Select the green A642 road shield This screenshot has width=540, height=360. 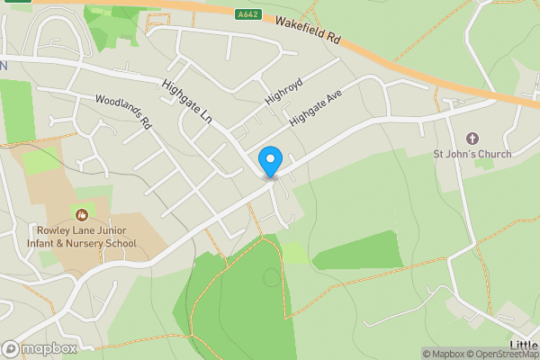(250, 14)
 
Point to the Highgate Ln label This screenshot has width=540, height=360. (191, 103)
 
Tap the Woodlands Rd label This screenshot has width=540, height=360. (121, 112)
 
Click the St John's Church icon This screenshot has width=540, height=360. (472, 138)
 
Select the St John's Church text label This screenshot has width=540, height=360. (472, 154)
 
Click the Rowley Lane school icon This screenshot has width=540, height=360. (82, 215)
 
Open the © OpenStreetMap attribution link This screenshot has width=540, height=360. (503, 354)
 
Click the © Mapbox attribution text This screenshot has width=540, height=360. (445, 354)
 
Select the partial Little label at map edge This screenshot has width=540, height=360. (524, 346)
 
